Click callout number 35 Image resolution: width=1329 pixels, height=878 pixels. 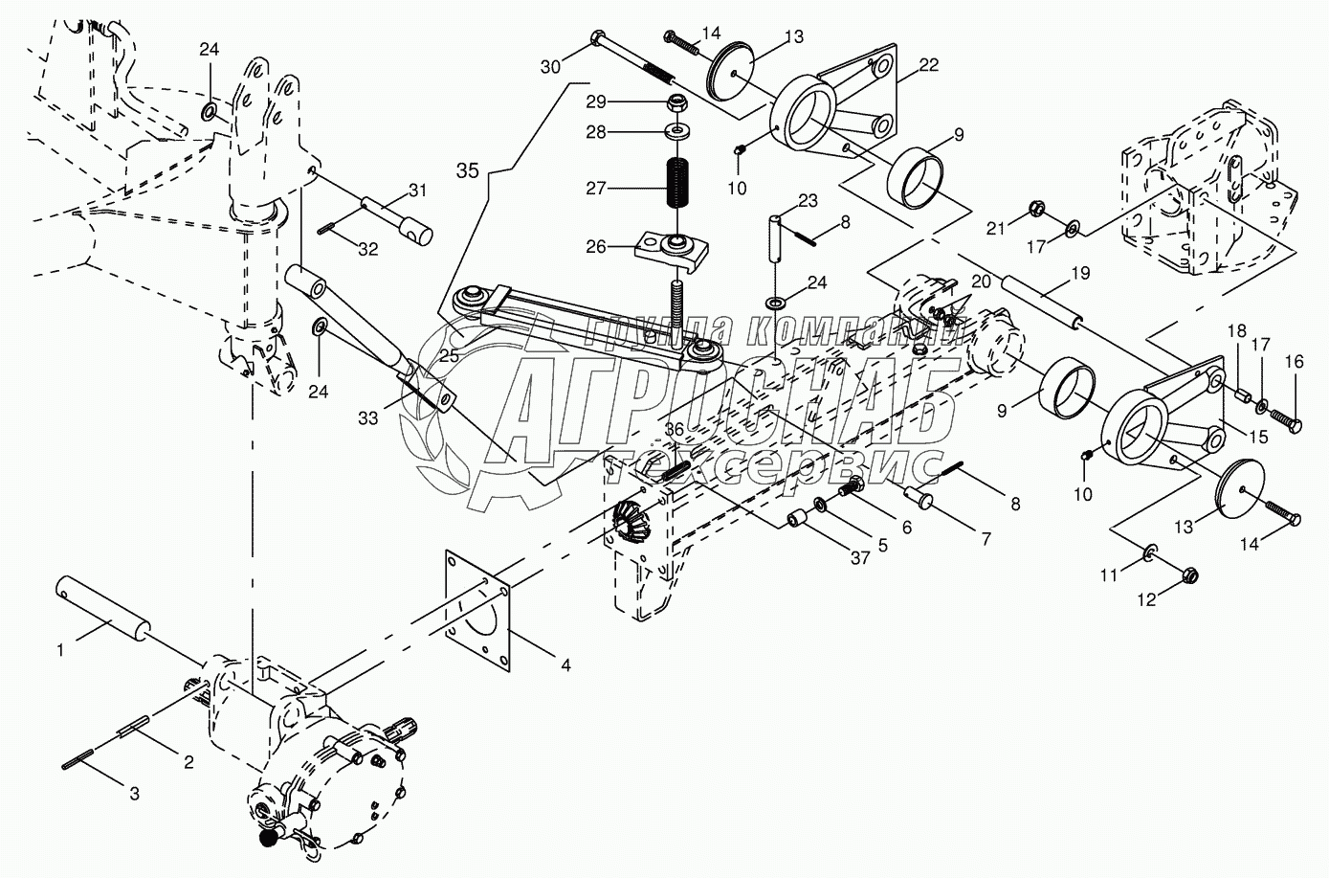point(468,171)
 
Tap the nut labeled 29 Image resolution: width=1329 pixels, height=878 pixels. point(676,105)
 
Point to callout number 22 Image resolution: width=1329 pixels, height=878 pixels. point(928,65)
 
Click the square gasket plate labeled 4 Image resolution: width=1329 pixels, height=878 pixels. point(477,612)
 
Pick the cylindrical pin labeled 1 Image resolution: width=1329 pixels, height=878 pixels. point(102,609)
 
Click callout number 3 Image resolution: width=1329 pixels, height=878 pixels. point(135,793)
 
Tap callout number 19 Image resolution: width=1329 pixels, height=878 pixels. point(1080,274)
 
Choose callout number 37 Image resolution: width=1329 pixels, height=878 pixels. point(860,557)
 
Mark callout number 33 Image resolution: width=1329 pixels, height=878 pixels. point(367,418)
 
